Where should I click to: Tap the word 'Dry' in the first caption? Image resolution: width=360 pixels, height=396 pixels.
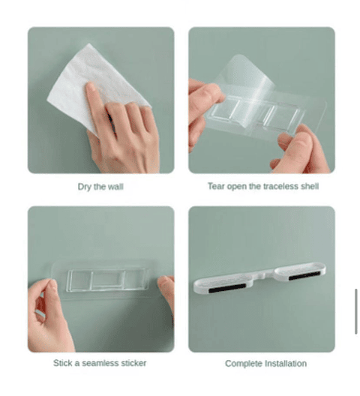[x=85, y=187]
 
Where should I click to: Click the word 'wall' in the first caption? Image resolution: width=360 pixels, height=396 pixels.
[x=115, y=187]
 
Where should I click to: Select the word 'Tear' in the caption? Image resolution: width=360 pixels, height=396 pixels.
[x=216, y=187]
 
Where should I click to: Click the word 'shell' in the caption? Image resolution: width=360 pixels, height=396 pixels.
[x=310, y=187]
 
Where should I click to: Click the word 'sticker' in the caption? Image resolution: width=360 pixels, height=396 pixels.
[x=133, y=363]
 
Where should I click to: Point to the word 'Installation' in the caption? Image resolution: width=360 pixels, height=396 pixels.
[x=286, y=364]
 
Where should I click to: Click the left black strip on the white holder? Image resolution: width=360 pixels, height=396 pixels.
[x=227, y=288]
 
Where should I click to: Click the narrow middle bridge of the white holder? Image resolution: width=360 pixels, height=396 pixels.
[x=264, y=274]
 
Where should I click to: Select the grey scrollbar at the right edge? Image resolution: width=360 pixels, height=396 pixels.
[x=356, y=312]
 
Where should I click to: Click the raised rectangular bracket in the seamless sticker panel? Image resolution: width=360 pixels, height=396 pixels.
[x=106, y=280]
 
